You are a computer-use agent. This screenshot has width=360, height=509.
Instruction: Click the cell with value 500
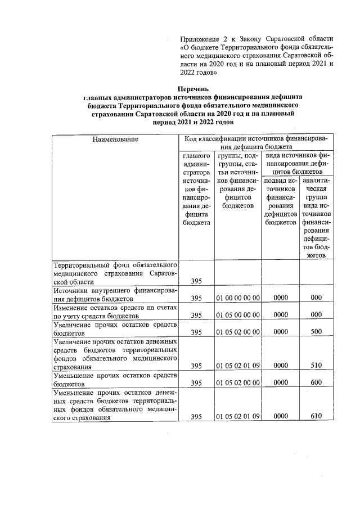(316, 332)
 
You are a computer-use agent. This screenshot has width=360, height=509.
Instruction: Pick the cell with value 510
(316, 366)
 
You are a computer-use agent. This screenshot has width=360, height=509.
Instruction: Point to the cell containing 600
(316, 383)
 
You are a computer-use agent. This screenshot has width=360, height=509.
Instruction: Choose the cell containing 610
(316, 417)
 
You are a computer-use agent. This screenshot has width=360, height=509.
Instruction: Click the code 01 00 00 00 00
(237, 298)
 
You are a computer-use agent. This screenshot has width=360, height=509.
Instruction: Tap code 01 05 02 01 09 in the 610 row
(237, 417)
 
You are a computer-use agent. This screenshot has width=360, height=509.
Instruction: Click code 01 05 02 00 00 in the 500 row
(237, 332)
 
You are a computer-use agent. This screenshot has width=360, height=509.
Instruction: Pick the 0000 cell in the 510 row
(280, 366)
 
